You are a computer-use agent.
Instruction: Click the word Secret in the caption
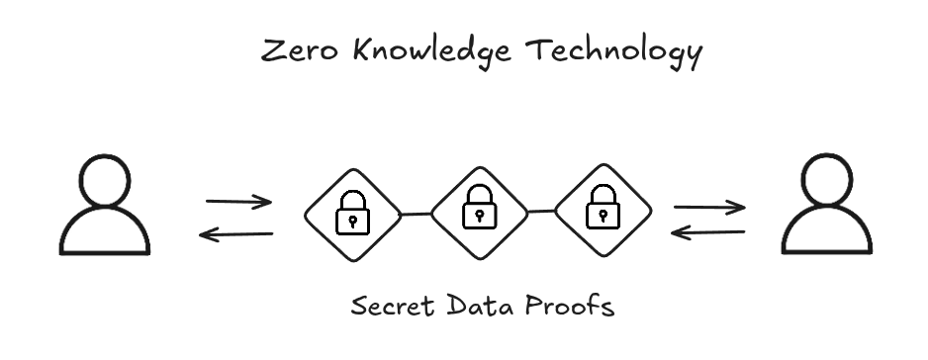[388, 307]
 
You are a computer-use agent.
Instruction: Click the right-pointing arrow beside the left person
[238, 203]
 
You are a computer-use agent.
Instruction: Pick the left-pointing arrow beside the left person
[236, 234]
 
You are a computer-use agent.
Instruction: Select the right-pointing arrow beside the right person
[708, 208]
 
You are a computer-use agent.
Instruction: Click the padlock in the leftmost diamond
[351, 214]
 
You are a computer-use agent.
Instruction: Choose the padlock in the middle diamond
[479, 208]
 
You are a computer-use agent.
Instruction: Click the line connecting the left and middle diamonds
[416, 213]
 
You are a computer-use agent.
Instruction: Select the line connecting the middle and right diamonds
[540, 210]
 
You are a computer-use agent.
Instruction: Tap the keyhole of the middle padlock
[479, 214]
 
